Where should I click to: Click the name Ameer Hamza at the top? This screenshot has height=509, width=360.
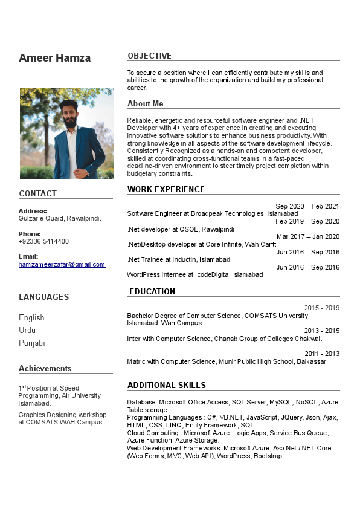[54, 58]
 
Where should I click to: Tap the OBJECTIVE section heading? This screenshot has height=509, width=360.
[149, 56]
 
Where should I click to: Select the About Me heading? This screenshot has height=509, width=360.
[145, 103]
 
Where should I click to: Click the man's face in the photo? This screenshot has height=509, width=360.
[71, 113]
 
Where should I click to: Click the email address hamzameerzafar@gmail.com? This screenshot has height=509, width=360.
[62, 264]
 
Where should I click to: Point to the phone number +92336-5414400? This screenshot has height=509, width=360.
[43, 241]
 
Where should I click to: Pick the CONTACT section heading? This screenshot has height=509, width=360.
[37, 193]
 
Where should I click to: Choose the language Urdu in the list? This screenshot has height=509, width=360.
[27, 330]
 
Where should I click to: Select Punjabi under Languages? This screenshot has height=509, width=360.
[31, 343]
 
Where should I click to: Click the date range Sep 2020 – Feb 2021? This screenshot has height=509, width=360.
[307, 206]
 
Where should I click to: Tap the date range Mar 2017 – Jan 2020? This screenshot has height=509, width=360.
[308, 236]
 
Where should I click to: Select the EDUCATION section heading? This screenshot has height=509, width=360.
[152, 291]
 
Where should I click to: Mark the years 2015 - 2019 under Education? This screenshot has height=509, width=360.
[321, 308]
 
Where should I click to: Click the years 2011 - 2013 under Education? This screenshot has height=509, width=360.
[321, 354]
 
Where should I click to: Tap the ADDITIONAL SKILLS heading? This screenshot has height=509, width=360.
[166, 385]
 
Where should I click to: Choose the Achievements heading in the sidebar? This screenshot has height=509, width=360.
[45, 368]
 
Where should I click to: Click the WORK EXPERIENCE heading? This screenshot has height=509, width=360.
[166, 189]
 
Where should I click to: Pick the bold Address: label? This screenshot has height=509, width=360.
[33, 211]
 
